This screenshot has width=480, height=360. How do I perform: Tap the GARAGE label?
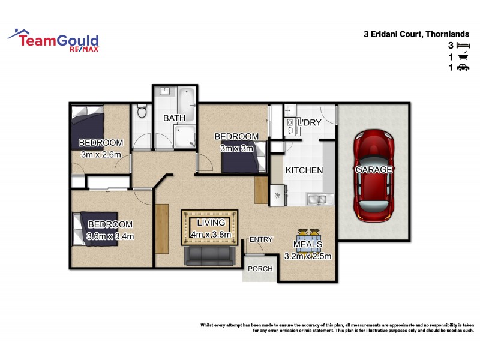pyautogui.click(x=374, y=170)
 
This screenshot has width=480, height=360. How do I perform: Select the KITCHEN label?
pyautogui.click(x=304, y=170)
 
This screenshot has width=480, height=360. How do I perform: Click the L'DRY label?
pyautogui.click(x=310, y=122)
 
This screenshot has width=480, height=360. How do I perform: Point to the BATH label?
pyautogui.click(x=174, y=118)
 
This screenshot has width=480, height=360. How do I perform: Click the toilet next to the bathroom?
pyautogui.click(x=142, y=111)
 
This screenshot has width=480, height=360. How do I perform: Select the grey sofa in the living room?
pyautogui.click(x=208, y=256)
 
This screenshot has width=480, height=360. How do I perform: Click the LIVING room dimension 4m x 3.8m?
pyautogui.click(x=210, y=234)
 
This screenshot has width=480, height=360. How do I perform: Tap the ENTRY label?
pyautogui.click(x=261, y=239)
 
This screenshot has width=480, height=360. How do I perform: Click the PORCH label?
pyautogui.click(x=260, y=268)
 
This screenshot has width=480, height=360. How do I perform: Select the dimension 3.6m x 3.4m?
pyautogui.click(x=110, y=236)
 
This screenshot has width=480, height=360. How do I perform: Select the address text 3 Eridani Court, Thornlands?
pyautogui.click(x=422, y=34)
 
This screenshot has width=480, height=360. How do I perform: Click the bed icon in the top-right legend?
pyautogui.click(x=463, y=46)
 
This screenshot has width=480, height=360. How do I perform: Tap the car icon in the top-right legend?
pyautogui.click(x=463, y=68)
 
